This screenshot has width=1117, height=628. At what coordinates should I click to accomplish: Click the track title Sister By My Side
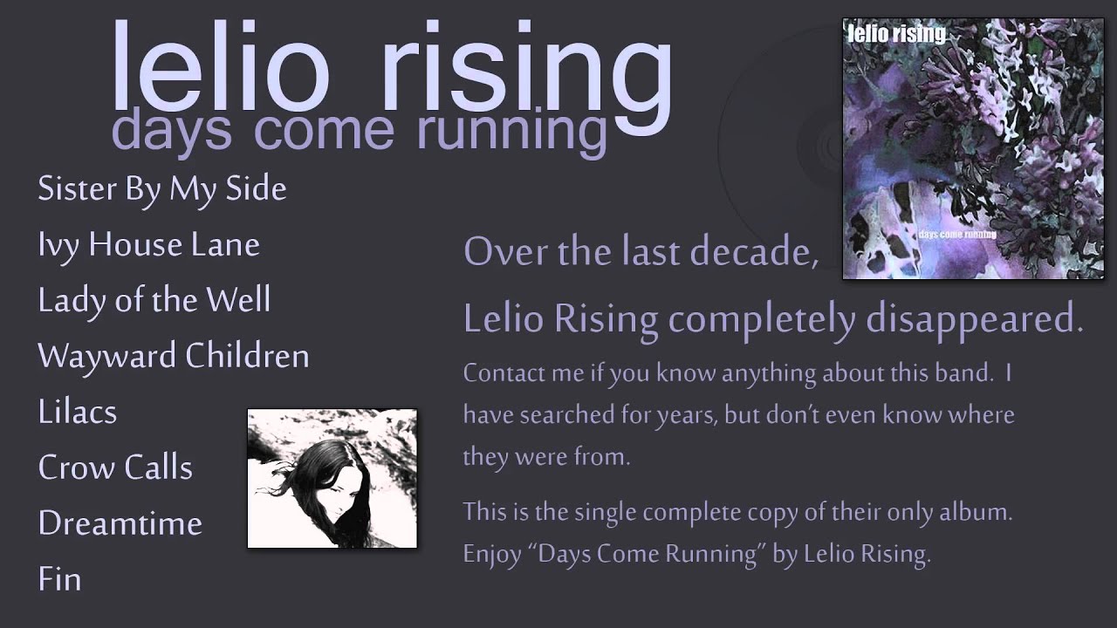tap(162, 189)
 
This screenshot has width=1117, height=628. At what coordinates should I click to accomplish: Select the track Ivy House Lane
tap(148, 245)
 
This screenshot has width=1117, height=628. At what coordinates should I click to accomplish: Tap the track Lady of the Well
tap(154, 301)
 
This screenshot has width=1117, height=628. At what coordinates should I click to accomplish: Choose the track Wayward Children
tap(173, 357)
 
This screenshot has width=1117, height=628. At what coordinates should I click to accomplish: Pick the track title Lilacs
tap(77, 413)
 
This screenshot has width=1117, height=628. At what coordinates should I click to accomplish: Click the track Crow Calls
tap(115, 468)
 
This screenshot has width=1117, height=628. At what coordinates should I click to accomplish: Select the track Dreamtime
tap(120, 523)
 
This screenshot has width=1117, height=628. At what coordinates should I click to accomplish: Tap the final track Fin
tap(59, 579)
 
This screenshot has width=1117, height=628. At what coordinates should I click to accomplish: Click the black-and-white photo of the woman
tap(332, 478)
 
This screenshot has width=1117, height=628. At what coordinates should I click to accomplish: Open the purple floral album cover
tap(961, 148)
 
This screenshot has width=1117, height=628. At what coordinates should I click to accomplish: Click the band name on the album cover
tap(896, 34)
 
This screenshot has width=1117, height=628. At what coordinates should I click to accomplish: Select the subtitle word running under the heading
tap(511, 131)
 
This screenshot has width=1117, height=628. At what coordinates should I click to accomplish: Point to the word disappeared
tap(974, 320)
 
